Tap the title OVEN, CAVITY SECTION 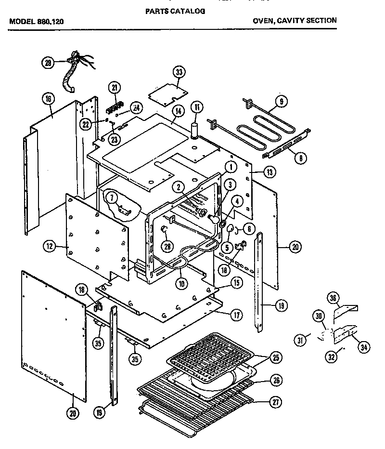click(295, 21)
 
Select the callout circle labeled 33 click(179, 73)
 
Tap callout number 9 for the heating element click(282, 101)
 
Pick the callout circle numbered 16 click(48, 100)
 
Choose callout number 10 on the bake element click(181, 284)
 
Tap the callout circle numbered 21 click(114, 87)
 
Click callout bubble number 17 click(236, 317)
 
